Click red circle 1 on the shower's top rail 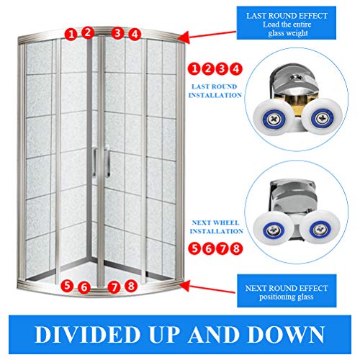coord(71,34)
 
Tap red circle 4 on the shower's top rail coord(135,34)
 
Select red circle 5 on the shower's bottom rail coord(67,286)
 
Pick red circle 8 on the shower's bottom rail coord(131,286)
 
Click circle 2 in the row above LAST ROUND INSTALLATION coord(208,69)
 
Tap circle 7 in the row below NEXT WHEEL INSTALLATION coord(222,248)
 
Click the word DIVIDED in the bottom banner coord(87,334)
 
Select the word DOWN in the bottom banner coord(286,334)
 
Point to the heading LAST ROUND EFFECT coord(287,16)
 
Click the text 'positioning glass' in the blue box coord(287,297)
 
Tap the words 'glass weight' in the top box coord(288,33)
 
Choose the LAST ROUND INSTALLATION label coord(215,91)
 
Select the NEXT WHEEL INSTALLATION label coord(216,227)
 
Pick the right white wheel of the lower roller coord(320,228)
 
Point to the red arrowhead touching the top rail coord(184,38)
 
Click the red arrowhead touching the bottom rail coord(184,286)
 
